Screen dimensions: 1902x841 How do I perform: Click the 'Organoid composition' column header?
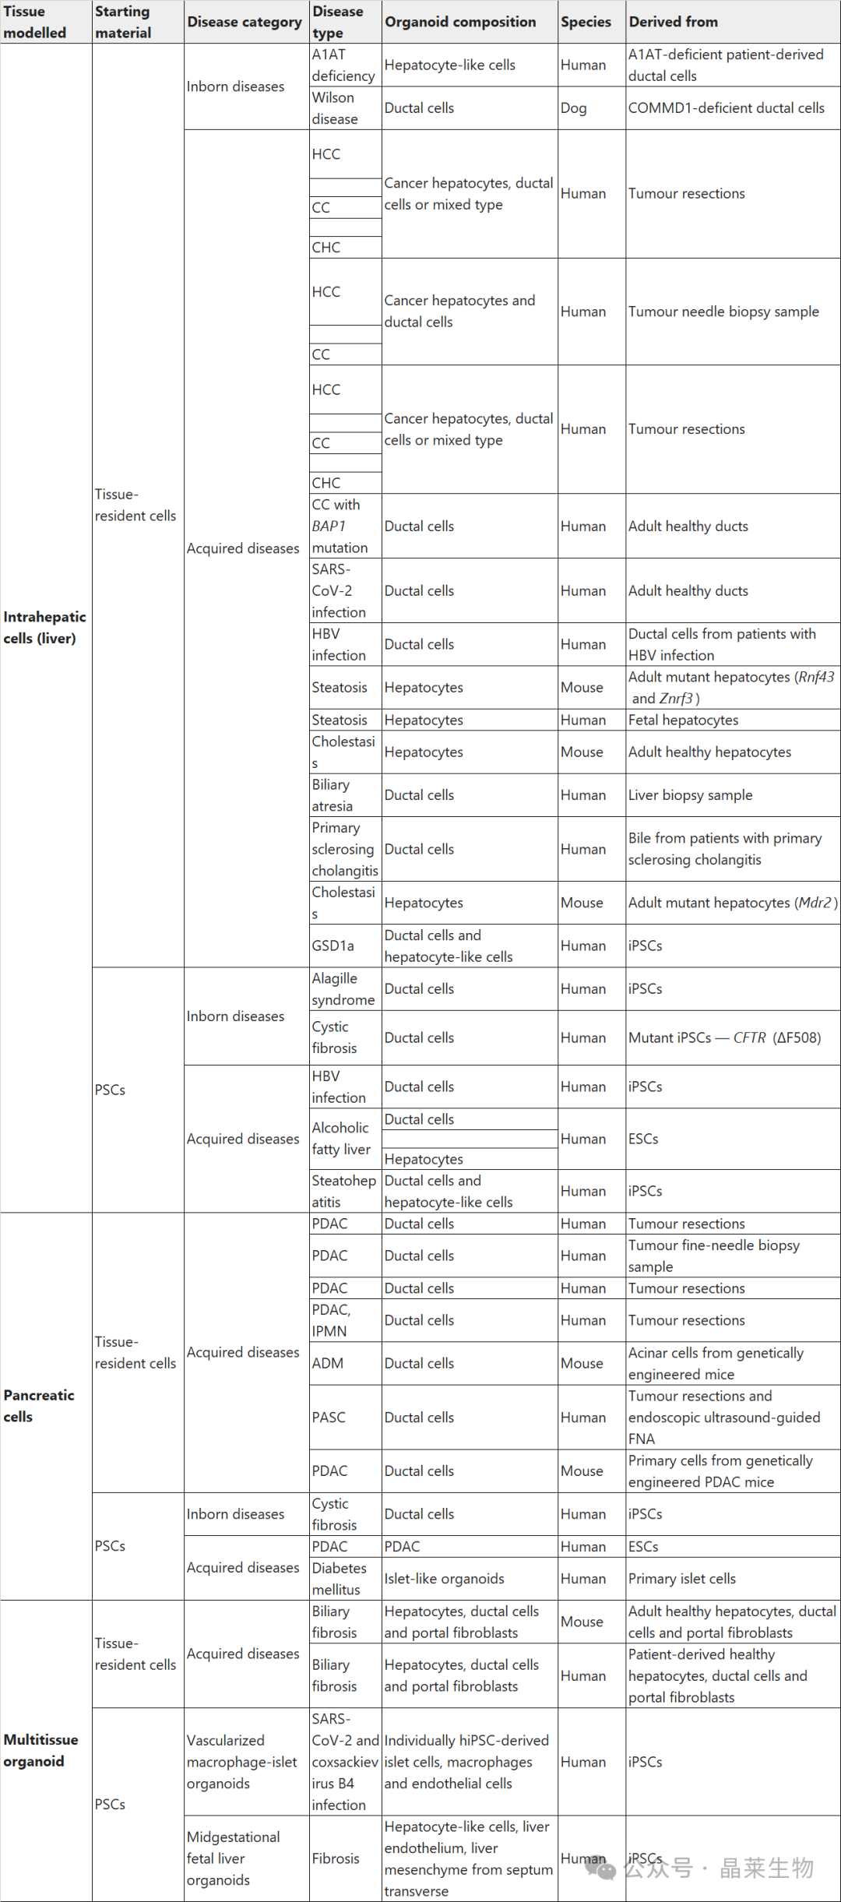click(x=460, y=22)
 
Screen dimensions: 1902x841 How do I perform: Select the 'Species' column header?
click(x=586, y=22)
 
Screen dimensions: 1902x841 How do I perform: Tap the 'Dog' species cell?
click(x=574, y=108)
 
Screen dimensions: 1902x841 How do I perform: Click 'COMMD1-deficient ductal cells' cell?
click(x=726, y=108)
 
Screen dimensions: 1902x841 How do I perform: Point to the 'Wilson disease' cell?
click(x=335, y=108)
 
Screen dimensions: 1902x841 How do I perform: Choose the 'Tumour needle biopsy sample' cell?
click(x=723, y=312)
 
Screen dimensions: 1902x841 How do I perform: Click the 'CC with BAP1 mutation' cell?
click(x=340, y=526)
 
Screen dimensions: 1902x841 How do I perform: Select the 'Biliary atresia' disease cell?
click(x=333, y=795)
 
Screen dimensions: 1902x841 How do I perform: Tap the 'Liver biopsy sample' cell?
click(x=690, y=795)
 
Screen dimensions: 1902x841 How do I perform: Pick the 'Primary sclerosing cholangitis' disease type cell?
click(x=344, y=849)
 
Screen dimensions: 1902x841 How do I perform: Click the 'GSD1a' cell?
click(x=333, y=946)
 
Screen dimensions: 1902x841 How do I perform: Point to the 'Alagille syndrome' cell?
click(x=343, y=989)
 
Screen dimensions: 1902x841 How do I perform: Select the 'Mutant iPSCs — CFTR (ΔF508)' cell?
click(x=724, y=1037)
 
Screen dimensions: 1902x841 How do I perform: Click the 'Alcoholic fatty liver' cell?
click(x=340, y=1139)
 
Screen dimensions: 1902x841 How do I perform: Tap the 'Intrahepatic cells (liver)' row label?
click(x=44, y=628)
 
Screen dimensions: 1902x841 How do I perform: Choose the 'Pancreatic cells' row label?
click(x=39, y=1406)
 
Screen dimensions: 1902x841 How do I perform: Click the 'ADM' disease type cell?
click(x=328, y=1363)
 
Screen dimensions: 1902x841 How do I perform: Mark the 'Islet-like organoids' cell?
click(x=444, y=1579)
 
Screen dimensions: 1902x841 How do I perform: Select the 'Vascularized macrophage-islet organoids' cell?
click(x=241, y=1762)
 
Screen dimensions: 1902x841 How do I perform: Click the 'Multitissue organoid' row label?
click(x=40, y=1750)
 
